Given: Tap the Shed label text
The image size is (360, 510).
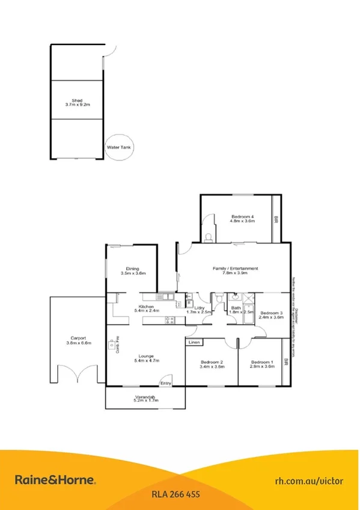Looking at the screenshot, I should pos(78,101).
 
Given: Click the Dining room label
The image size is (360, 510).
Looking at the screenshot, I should pos(132,269).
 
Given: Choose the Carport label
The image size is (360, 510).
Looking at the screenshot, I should pos(78,339).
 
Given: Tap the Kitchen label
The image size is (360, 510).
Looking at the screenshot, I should pos(147,307).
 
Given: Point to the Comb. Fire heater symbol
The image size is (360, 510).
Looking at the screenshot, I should pos(112,345).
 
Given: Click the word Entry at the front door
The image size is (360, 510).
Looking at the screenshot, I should pos(165,383).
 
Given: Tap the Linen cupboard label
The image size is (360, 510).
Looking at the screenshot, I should pos(194,342).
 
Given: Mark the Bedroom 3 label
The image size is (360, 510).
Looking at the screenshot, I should pos(271,313).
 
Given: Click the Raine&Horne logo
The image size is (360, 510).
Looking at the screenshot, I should pos(55,479).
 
